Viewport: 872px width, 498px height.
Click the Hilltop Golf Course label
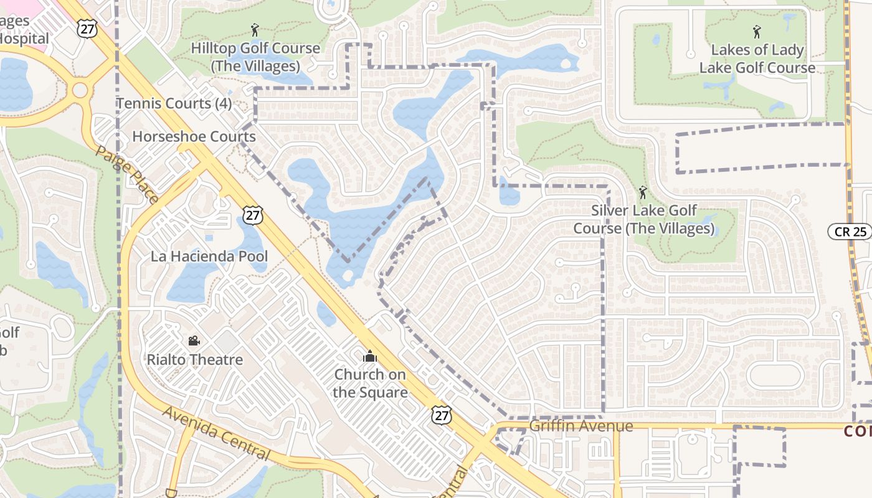point(255,57)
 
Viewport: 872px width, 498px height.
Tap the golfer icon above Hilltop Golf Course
point(254,29)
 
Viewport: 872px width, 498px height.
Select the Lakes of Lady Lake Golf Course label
point(757,59)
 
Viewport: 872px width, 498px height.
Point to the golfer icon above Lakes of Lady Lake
point(757,31)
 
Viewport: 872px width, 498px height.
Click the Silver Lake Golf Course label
point(643,219)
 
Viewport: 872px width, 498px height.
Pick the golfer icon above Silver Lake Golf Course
point(643,192)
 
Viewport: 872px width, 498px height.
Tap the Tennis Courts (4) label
point(174,103)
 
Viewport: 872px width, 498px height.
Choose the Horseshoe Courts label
point(194,136)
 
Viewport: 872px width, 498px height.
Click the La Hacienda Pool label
point(209,256)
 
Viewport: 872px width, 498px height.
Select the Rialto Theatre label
point(194,359)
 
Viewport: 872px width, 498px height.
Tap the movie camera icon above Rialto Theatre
point(194,341)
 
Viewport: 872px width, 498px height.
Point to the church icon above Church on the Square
point(370,357)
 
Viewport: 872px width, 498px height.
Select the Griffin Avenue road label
point(581,426)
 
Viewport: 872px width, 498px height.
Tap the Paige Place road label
point(126,175)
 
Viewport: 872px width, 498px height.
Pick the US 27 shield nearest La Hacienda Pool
point(253,215)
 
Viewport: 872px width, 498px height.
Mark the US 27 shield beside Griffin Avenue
point(442,415)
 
